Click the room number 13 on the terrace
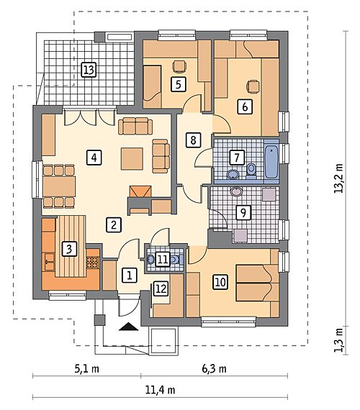pyautogui.click(x=89, y=70)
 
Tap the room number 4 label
pyautogui.click(x=94, y=158)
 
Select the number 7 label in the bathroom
pyautogui.click(x=237, y=157)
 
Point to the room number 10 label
pyautogui.click(x=220, y=282)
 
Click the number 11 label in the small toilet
pyautogui.click(x=163, y=260)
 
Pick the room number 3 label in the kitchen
pyautogui.click(x=69, y=249)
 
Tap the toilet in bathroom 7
pyautogui.click(x=251, y=170)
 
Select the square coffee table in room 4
pyautogui.click(x=132, y=159)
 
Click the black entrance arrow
pyautogui.click(x=128, y=327)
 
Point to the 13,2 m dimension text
pyautogui.click(x=338, y=178)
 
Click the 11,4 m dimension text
pyautogui.click(x=160, y=390)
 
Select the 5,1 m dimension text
pyautogui.click(x=86, y=369)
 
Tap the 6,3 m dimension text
pyautogui.click(x=214, y=369)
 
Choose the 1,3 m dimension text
pyautogui.click(x=339, y=340)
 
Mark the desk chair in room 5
pyautogui.click(x=179, y=66)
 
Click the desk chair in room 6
pyautogui.click(x=253, y=86)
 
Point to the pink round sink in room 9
pyautogui.click(x=236, y=191)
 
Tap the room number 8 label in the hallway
pyautogui.click(x=193, y=140)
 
